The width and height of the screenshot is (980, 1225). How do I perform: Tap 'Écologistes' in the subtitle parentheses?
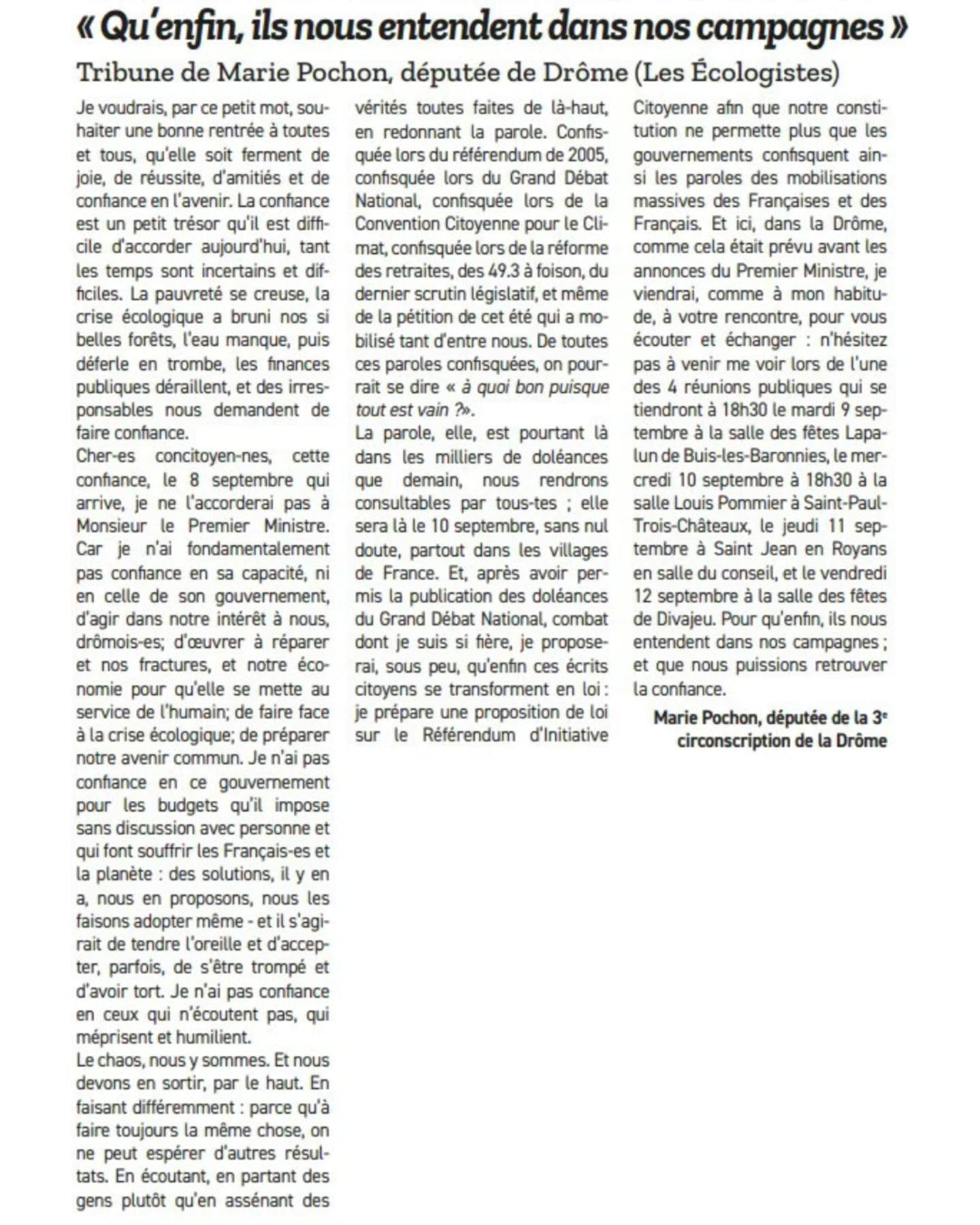pyautogui.click(x=764, y=72)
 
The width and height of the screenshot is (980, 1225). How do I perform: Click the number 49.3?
pyautogui.click(x=506, y=271)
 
